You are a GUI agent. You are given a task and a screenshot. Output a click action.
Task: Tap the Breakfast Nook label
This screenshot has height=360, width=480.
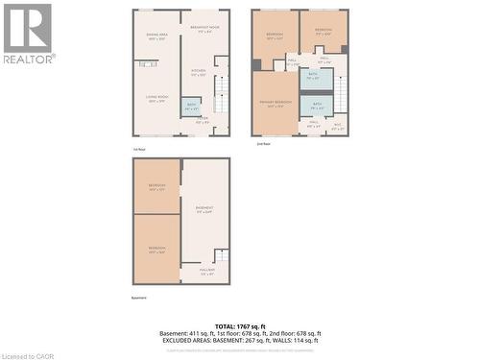(x=200, y=29)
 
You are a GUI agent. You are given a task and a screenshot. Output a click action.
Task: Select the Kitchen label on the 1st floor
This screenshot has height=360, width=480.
(x=198, y=72)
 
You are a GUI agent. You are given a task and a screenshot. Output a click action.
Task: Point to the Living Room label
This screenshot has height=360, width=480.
(x=156, y=99)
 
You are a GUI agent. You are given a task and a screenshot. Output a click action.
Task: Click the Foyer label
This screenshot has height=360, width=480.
(x=204, y=120)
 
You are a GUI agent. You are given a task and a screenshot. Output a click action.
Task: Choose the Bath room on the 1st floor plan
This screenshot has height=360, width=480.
(x=190, y=107)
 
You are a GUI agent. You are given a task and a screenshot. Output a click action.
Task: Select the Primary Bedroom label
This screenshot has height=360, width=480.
(x=275, y=104)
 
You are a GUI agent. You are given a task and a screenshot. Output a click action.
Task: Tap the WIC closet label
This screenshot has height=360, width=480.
(x=337, y=124)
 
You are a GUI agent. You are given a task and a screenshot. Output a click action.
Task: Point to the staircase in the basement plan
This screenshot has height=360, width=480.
(x=221, y=257)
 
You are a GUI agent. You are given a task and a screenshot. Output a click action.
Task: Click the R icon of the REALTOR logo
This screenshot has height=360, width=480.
(x=28, y=29)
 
